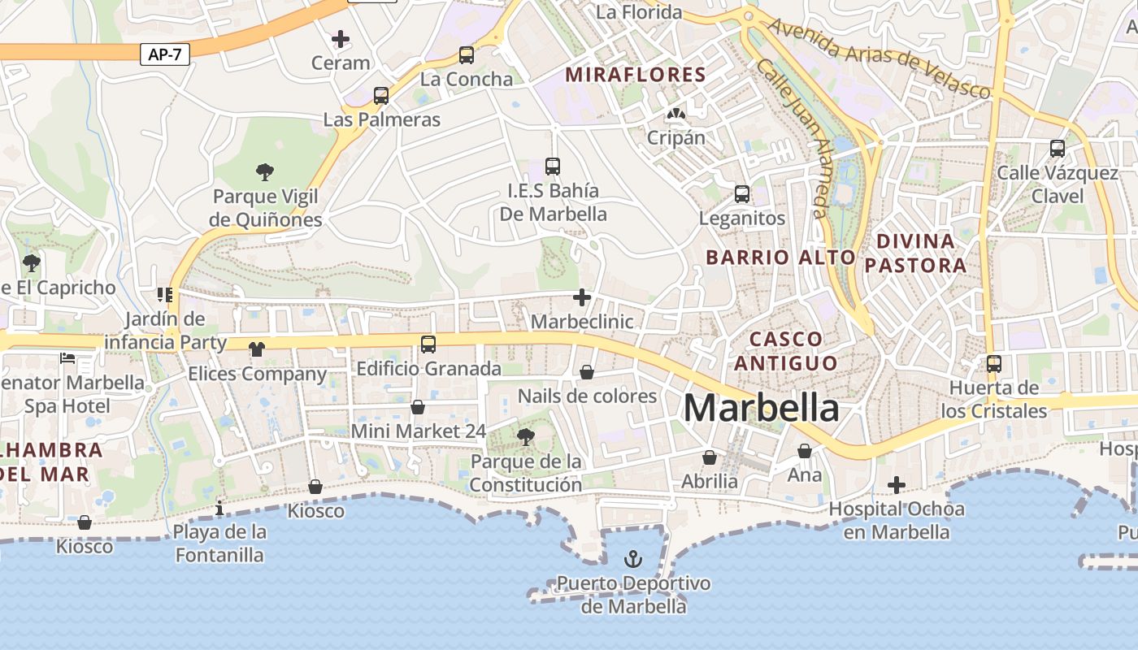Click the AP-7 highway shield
165,54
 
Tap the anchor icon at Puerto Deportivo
632,559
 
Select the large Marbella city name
761,408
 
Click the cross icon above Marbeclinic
582,297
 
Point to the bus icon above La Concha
466,55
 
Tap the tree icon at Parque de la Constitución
526,437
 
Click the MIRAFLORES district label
636,75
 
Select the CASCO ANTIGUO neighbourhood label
785,350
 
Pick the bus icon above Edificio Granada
428,344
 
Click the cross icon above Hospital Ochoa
897,485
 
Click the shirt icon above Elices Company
257,349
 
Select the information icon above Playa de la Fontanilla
219,509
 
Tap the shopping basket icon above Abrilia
710,457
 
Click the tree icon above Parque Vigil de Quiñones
264,171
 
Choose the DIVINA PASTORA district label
915,253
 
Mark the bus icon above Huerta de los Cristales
993,364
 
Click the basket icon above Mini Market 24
418,406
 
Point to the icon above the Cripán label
675,114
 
